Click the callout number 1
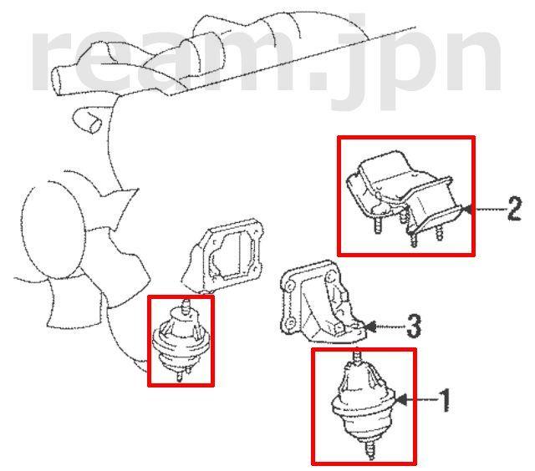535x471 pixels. (444, 400)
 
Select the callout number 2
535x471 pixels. (515, 209)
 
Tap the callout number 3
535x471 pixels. (414, 327)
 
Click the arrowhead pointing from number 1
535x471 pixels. (401, 400)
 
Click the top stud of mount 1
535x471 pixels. (357, 356)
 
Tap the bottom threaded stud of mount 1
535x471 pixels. (370, 449)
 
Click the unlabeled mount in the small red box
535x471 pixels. (181, 341)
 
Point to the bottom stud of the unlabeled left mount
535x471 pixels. (179, 376)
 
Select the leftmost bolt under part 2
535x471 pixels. (378, 225)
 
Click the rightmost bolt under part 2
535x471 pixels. (439, 234)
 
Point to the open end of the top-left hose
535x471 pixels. (57, 80)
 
